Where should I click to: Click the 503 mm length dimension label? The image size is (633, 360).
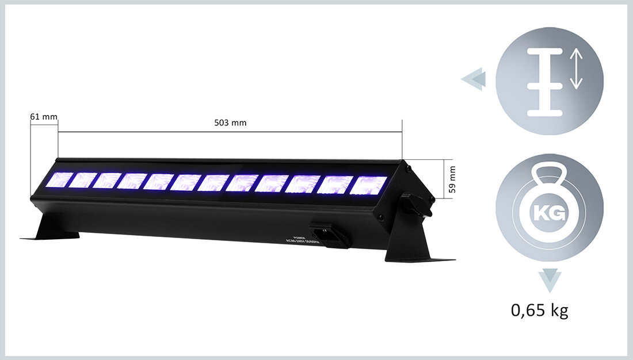pyautogui.click(x=230, y=123)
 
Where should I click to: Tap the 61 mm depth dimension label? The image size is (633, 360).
pyautogui.click(x=44, y=117)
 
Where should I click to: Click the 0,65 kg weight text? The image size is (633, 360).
pyautogui.click(x=539, y=311)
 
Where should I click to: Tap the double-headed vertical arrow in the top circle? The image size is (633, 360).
pyautogui.click(x=575, y=68)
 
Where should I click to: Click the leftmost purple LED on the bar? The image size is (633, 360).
pyautogui.click(x=59, y=179)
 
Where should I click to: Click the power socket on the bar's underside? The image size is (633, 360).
pyautogui.click(x=330, y=234)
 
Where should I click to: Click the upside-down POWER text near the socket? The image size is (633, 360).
pyautogui.click(x=299, y=237)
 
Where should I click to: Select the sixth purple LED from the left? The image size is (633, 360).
pyautogui.click(x=185, y=182)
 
